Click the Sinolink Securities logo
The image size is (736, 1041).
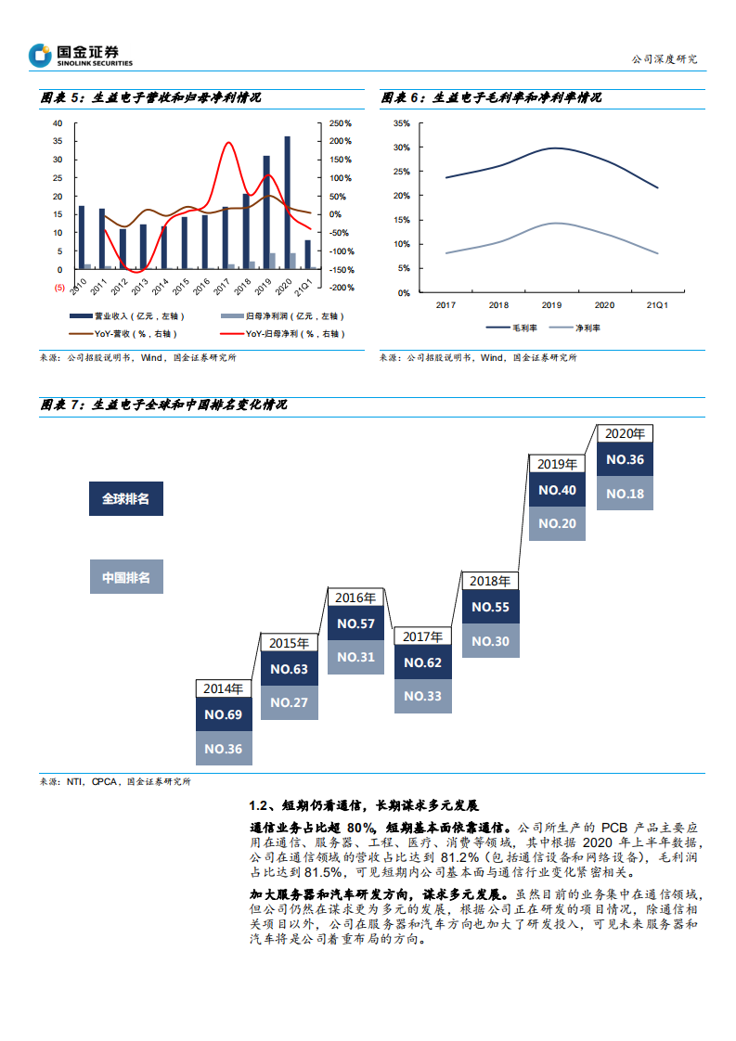coord(81,56)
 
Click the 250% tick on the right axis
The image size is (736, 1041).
coord(342,123)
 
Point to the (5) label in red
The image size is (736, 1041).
coord(59,288)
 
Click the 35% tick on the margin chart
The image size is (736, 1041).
coord(401,123)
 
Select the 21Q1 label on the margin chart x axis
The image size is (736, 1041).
coord(656,304)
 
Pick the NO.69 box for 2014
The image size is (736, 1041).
coord(223,714)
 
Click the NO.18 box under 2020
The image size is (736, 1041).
coord(625,494)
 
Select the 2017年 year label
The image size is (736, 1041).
coord(422,636)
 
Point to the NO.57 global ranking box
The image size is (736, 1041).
coord(355,623)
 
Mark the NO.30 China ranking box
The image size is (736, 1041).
coord(489,641)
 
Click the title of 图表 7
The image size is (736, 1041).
coord(164,405)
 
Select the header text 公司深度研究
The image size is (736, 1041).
coord(663,58)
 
